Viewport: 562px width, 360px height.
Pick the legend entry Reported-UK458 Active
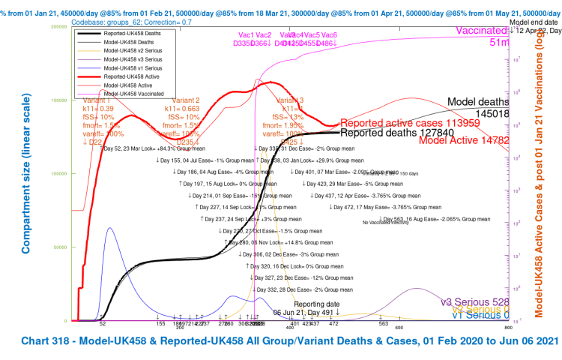click(x=131, y=76)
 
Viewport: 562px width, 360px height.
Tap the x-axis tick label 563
click(x=384, y=324)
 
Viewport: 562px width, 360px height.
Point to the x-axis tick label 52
click(x=102, y=324)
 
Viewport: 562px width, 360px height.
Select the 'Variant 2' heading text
click(x=186, y=100)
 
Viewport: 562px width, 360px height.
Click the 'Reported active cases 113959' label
click(x=410, y=123)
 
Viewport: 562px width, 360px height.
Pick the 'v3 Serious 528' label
click(x=476, y=301)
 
